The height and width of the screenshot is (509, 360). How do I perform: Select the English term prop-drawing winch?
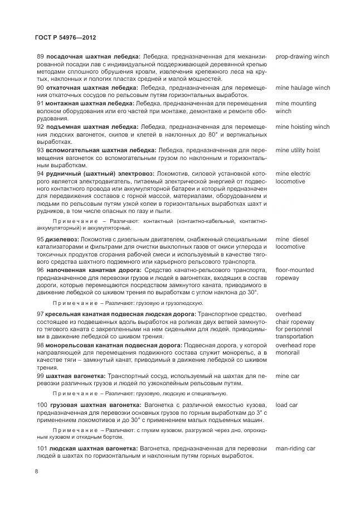(x=302, y=57)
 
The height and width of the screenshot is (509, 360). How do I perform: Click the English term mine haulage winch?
(x=303, y=88)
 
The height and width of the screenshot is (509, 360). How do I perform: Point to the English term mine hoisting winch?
(x=302, y=127)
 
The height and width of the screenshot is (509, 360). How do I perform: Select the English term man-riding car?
(x=295, y=448)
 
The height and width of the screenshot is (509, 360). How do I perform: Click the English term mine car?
(x=288, y=376)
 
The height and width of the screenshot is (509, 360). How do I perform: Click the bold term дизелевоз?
(x=62, y=239)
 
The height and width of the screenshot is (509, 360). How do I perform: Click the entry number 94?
(x=40, y=174)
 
